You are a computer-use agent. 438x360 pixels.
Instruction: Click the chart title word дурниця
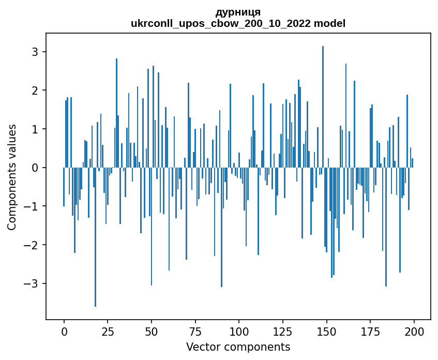pyautogui.click(x=238, y=12)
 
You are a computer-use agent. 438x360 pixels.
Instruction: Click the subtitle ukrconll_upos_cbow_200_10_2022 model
pyautogui.click(x=238, y=24)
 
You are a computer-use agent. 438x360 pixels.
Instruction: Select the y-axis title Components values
pyautogui.click(x=12, y=176)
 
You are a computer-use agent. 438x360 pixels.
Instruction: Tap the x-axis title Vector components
pyautogui.click(x=238, y=347)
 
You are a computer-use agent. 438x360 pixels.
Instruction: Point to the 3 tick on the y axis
pyautogui.click(x=35, y=52)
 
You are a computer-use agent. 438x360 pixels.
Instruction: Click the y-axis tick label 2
pyautogui.click(x=35, y=91)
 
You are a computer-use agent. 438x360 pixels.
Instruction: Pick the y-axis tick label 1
pyautogui.click(x=35, y=129)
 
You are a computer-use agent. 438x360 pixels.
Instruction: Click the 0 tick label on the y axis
pyautogui.click(x=35, y=168)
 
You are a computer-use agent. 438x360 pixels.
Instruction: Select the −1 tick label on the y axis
pyautogui.click(x=32, y=206)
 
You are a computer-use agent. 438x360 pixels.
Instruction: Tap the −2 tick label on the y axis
pyautogui.click(x=32, y=245)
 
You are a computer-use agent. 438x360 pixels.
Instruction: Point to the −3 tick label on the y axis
pyautogui.click(x=32, y=283)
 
